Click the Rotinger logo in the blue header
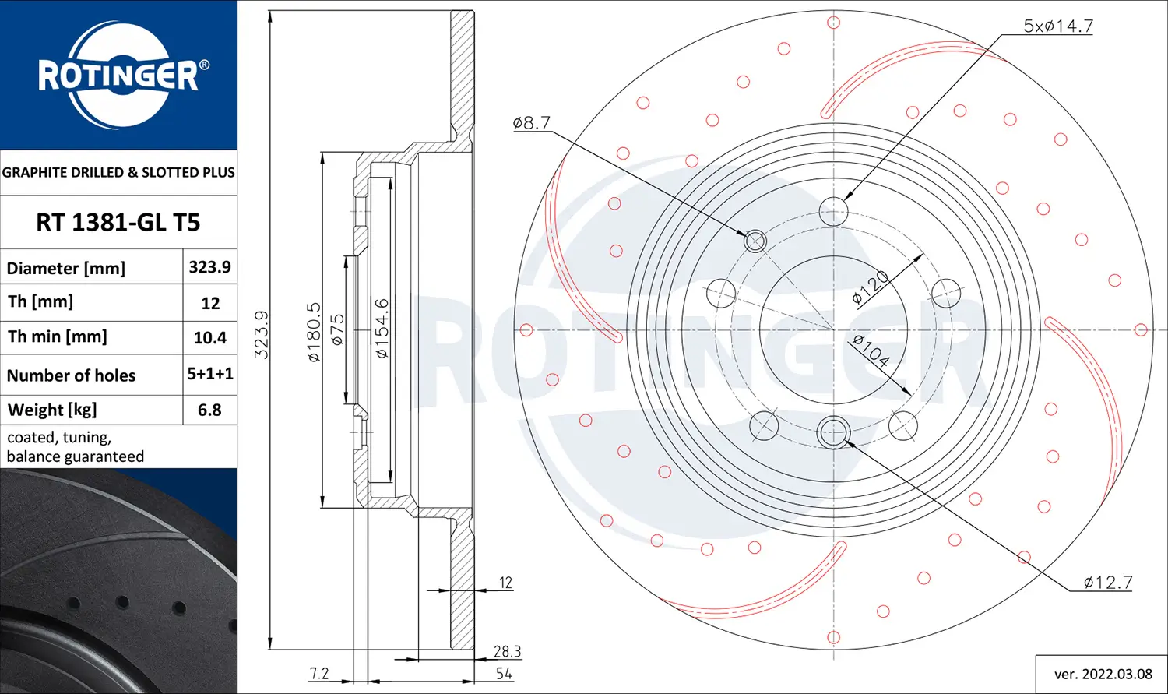119,76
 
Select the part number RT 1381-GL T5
118,223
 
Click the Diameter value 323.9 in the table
209,267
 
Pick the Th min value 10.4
209,338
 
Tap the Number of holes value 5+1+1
209,374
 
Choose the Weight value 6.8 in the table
209,410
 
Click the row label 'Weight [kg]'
52,410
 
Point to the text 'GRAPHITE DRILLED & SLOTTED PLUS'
118,172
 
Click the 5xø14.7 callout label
1057,26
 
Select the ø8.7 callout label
532,123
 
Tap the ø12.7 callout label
1107,583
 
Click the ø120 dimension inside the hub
871,287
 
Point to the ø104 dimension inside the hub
871,351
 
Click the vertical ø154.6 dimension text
382,328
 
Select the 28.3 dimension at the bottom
507,651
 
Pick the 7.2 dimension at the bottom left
319,674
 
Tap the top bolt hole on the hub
833,210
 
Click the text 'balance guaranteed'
76,456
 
